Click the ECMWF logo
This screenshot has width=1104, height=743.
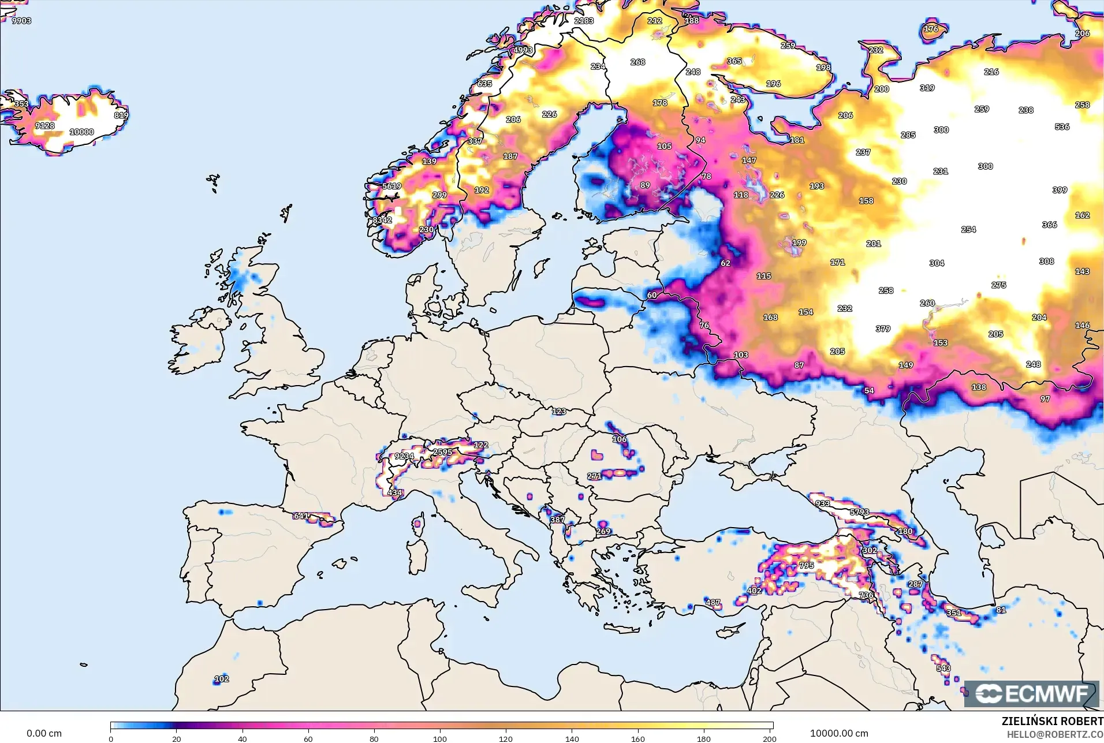(1031, 693)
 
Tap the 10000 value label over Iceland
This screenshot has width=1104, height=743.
(81, 132)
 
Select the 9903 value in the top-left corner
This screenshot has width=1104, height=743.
(21, 21)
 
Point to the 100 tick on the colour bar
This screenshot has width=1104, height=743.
(440, 738)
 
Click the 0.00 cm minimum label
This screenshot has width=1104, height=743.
(44, 733)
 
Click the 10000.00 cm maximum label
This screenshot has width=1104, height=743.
(838, 733)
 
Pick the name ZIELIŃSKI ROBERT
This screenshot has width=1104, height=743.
(1052, 721)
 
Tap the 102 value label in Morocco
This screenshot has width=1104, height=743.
(221, 679)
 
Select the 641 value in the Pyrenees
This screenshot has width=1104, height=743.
(301, 516)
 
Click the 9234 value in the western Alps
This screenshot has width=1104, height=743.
(404, 456)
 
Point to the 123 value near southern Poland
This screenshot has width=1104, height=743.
(558, 412)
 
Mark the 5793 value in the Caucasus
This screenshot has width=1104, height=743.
(859, 512)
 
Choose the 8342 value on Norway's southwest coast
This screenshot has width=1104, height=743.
(382, 220)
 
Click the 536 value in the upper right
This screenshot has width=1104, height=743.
(1062, 126)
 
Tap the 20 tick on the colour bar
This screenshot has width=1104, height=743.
(177, 738)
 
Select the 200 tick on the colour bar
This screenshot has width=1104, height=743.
(769, 738)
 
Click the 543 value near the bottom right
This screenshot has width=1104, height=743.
(943, 668)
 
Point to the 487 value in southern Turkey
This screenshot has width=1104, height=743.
(713, 602)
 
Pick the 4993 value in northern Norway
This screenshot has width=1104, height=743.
(523, 50)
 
